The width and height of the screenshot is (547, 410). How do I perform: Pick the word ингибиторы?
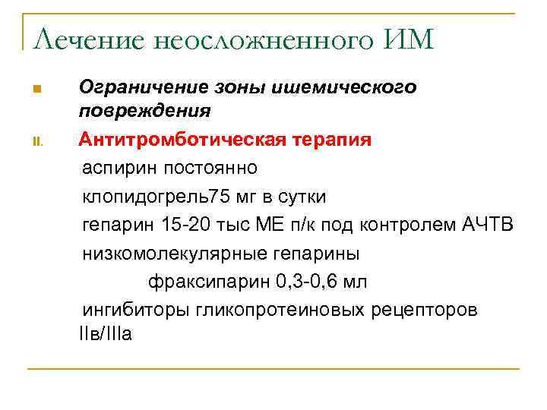tap(134, 311)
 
